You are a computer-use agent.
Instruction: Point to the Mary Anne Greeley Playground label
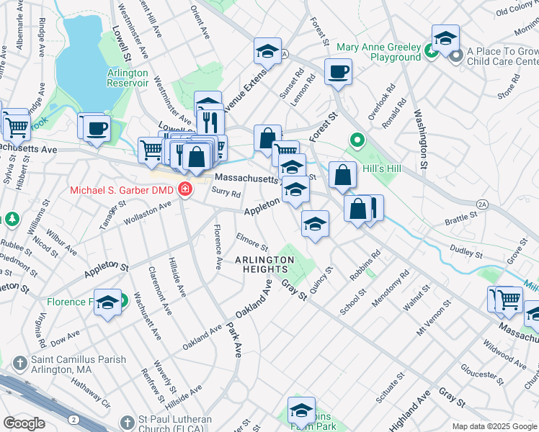coord(378,52)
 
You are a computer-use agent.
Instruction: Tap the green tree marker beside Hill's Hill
coord(355,140)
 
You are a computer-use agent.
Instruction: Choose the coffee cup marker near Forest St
coord(338,72)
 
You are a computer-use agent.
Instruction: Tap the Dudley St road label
coord(465,251)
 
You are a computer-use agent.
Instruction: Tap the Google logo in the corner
coord(24,423)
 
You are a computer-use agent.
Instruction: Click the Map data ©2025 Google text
coord(494,426)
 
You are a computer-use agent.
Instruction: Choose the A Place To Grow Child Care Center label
coord(502,57)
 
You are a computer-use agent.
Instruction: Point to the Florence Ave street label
coord(216,247)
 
